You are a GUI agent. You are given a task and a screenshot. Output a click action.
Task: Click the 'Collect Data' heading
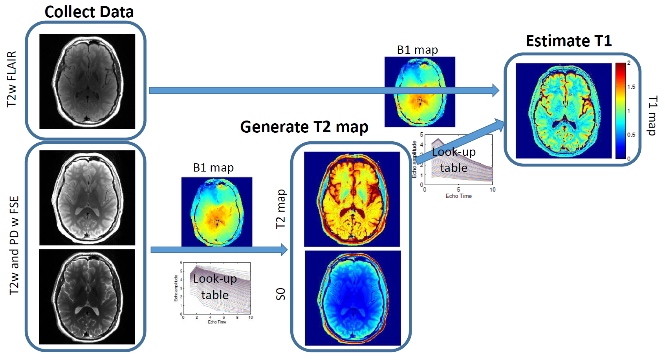point(89,12)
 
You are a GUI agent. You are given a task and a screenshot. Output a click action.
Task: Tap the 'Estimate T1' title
point(569,41)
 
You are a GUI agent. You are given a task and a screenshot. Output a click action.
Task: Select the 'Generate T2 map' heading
point(304,127)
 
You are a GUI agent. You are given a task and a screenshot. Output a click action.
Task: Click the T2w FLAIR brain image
point(87,81)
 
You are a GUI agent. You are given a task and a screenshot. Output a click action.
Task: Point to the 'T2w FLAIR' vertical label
point(12,79)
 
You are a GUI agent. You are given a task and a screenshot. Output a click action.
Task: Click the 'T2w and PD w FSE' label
point(14,245)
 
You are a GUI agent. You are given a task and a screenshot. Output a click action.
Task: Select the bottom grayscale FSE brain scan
point(87,297)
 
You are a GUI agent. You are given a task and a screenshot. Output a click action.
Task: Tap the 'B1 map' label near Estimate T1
point(417,50)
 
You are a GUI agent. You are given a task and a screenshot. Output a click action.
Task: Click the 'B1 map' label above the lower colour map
point(213,168)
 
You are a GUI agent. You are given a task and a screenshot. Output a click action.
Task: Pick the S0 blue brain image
point(353,298)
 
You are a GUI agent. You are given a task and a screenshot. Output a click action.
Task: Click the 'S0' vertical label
point(281,294)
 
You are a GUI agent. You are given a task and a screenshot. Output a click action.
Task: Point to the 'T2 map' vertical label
point(281,209)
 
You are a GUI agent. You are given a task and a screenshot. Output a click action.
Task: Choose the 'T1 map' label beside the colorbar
point(652,116)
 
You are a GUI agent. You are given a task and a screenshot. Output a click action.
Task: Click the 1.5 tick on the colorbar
point(631,87)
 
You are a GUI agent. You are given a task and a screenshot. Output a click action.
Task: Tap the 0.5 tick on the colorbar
point(631,135)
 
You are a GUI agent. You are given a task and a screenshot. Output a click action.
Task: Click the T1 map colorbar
point(620,111)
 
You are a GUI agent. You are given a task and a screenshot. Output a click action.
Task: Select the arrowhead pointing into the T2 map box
point(284,250)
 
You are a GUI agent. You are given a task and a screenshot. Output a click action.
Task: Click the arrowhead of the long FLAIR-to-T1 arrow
point(495,90)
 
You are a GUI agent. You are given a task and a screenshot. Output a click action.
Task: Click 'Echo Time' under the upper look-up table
point(458,196)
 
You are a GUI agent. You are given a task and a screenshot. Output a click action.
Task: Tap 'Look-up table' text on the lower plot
point(215,287)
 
